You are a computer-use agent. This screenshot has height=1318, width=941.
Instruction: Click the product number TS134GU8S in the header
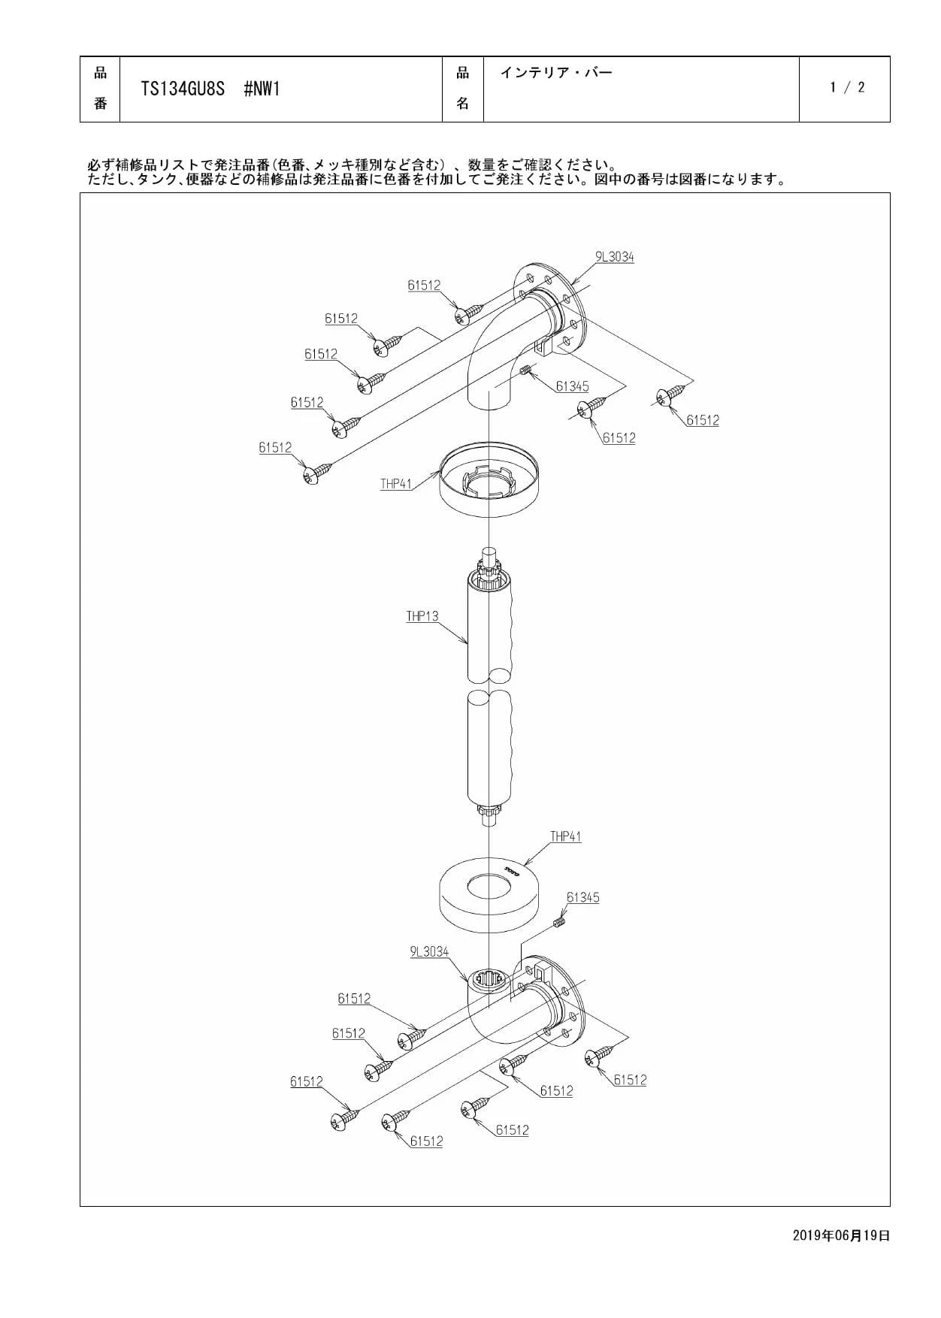(183, 89)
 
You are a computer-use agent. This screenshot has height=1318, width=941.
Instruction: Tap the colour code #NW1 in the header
(262, 89)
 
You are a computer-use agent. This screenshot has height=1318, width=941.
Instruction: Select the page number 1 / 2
(847, 87)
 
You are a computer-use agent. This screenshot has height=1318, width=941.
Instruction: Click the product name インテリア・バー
(556, 73)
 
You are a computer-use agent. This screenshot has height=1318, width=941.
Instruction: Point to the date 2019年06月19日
(841, 1235)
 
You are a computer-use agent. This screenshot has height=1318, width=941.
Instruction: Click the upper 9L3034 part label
(615, 257)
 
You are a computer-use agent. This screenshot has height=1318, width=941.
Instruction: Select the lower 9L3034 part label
(429, 952)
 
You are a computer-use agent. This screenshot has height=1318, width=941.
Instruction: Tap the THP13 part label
(422, 617)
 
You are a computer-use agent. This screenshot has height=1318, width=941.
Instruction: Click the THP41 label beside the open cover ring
(396, 484)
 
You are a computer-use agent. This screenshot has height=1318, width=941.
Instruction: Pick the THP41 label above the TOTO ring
(565, 836)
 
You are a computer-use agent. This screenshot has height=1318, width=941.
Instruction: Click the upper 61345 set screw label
(572, 386)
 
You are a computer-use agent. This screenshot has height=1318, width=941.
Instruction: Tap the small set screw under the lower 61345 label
(559, 922)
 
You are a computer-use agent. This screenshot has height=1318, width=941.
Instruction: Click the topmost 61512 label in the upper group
(425, 286)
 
